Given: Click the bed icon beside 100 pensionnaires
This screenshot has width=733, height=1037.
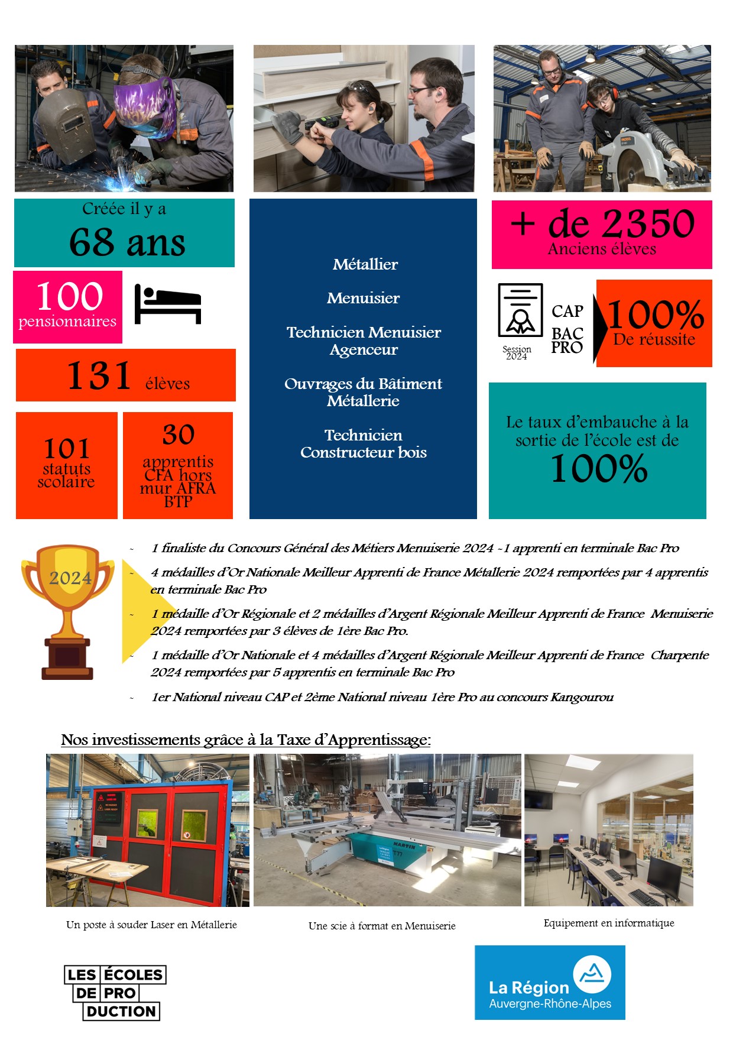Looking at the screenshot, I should (x=168, y=304).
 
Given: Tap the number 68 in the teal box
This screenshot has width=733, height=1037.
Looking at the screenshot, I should (x=92, y=242).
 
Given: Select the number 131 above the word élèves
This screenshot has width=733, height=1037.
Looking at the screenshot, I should (x=99, y=375).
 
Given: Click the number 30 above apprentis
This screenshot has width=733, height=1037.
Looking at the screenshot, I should (x=178, y=435).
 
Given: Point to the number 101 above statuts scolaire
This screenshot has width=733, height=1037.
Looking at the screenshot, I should (x=66, y=449).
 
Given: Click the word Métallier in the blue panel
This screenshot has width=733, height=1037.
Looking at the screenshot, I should (x=365, y=264).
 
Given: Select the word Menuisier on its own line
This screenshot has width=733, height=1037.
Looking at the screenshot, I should (x=363, y=298).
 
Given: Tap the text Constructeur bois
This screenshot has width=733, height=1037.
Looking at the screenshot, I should (x=363, y=452).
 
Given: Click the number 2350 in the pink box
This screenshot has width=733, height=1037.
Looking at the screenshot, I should (x=650, y=223).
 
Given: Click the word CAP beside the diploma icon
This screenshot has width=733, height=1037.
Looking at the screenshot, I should (x=567, y=311).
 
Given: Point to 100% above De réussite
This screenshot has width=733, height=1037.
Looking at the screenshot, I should (x=655, y=315).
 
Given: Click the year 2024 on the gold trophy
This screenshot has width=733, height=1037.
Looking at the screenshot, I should (x=70, y=578).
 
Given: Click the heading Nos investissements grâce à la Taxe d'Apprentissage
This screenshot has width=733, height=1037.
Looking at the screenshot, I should (x=246, y=740).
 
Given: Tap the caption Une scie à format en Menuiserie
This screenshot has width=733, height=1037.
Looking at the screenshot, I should (x=382, y=926).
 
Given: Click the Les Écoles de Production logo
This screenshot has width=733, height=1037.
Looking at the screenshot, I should (x=115, y=993).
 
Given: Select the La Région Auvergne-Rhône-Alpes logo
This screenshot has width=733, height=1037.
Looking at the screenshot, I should (x=550, y=982).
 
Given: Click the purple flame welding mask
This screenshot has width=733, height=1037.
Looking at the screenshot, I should (x=144, y=103).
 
